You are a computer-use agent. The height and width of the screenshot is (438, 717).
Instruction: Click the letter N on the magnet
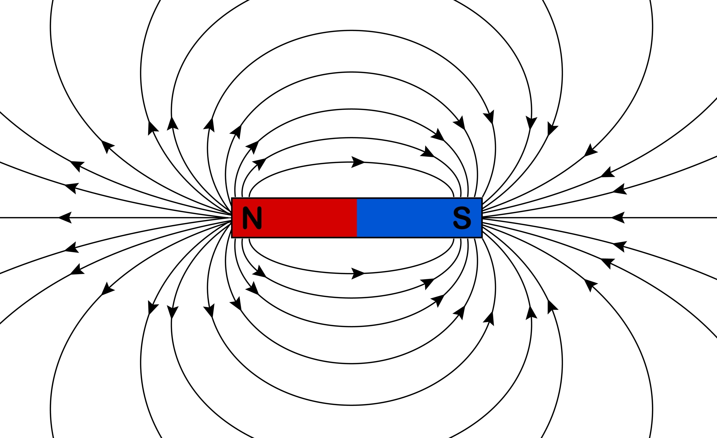(252, 218)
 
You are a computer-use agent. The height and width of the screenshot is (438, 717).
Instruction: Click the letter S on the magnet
(462, 218)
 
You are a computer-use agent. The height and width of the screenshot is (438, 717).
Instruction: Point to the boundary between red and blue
(357, 218)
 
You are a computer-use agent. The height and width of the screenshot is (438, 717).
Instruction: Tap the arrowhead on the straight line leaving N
(65, 217)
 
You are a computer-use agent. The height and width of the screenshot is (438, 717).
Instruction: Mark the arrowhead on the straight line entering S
(618, 217)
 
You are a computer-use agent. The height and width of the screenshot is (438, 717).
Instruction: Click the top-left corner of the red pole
(232, 198)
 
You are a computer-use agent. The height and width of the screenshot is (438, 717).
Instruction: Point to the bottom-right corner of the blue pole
(482, 237)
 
